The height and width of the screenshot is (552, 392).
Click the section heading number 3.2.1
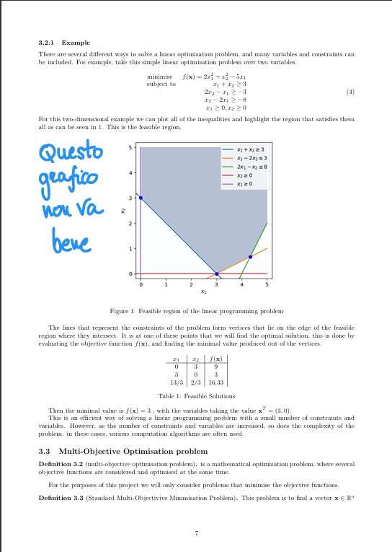click(x=48, y=43)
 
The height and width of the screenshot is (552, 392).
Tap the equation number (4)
click(x=350, y=92)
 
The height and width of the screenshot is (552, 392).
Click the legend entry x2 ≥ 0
click(x=246, y=175)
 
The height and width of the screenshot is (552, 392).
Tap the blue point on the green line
click(x=250, y=257)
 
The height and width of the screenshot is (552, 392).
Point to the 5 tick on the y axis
click(x=130, y=148)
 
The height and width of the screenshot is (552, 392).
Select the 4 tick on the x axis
click(x=242, y=286)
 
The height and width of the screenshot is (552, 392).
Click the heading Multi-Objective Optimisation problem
click(x=130, y=452)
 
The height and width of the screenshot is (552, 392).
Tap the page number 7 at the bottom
click(x=196, y=533)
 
